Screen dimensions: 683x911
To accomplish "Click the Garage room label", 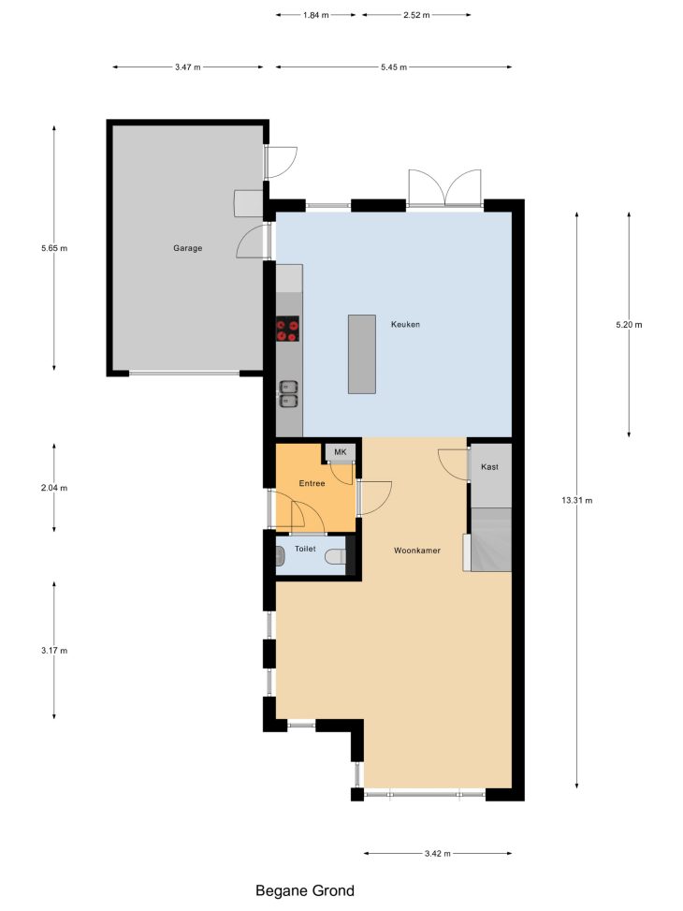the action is point(188,248).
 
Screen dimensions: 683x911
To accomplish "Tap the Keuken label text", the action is point(405,324).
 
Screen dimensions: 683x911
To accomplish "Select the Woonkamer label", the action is point(417,551).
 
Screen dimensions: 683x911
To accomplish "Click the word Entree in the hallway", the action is point(312,483).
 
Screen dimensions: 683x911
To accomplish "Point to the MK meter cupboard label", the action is point(341,452).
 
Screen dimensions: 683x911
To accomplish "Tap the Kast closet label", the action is point(489,466).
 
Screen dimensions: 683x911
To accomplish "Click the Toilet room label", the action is point(305,549).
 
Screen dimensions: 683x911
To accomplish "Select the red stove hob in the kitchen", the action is point(287,329).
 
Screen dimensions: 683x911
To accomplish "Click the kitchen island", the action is point(362,355).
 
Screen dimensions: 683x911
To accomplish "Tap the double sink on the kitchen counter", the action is point(289,393).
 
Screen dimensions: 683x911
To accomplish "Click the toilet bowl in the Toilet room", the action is point(335,556).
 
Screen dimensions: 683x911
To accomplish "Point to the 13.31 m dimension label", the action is point(576,500).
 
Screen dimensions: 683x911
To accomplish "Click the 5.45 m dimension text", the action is point(394,66).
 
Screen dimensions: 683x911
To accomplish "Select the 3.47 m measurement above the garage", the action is point(188,66).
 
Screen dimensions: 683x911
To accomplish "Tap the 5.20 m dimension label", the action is point(629,324).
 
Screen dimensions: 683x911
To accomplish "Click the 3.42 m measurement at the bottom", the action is point(437,854).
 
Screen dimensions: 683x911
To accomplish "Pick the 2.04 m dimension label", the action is point(54,488).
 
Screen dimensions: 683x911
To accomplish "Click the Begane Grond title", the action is point(305,890).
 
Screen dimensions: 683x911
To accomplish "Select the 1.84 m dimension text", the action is point(315,15).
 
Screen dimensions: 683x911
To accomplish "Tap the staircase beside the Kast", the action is point(491,539).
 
